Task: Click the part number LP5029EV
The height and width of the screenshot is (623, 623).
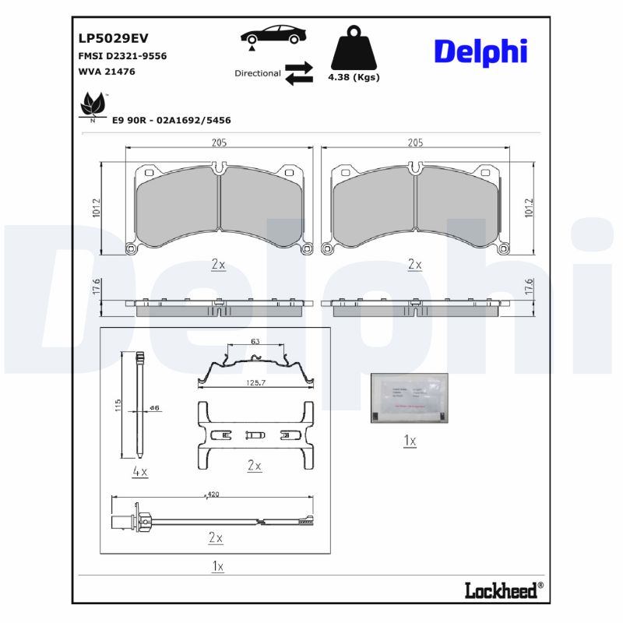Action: coord(112,37)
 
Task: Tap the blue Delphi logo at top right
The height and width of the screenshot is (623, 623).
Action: coord(480,51)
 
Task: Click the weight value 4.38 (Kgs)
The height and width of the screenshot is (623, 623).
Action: coord(354,78)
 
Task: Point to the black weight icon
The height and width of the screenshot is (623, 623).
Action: coord(354,49)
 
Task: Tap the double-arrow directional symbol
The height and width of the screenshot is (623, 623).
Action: coord(298,73)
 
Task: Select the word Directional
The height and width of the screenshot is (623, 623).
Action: coord(258,73)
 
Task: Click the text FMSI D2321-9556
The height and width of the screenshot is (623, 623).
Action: coord(122,56)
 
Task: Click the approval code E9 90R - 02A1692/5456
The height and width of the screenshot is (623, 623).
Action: coord(171,121)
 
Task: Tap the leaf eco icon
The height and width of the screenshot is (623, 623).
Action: coord(93,104)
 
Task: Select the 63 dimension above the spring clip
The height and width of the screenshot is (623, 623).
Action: coord(255,342)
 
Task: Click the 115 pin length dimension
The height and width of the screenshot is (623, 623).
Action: coord(118,405)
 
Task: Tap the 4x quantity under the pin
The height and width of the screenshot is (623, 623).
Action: coord(140,471)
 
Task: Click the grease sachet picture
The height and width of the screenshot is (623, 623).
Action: coord(409,398)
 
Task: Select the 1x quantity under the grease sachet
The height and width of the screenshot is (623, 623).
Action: coord(410,442)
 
